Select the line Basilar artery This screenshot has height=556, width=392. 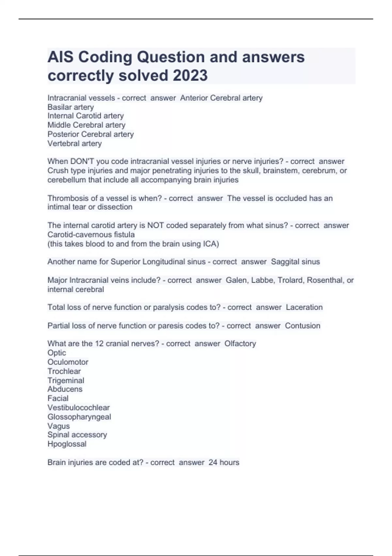[71, 107]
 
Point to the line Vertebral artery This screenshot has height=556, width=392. [74, 143]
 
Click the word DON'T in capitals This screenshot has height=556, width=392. [82, 161]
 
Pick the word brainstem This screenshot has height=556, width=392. [283, 170]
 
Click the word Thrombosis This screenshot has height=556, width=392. [67, 198]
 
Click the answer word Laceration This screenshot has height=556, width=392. [304, 307]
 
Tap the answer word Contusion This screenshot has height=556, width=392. [302, 326]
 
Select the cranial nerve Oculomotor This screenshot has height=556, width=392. [68, 362]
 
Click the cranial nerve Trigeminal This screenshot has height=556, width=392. [66, 380]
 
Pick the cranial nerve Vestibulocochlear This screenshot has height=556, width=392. [79, 408]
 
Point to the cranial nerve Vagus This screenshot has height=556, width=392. [59, 426]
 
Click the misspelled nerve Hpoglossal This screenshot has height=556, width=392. [67, 444]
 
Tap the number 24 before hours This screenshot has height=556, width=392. [213, 462]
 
